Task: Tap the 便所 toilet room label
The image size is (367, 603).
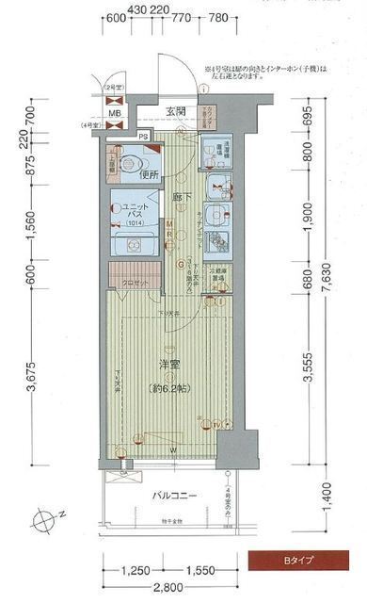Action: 144,175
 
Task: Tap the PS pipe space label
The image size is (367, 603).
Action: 143,136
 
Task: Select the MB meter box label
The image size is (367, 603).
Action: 114,113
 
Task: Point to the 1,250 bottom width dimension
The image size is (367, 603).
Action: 135,571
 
